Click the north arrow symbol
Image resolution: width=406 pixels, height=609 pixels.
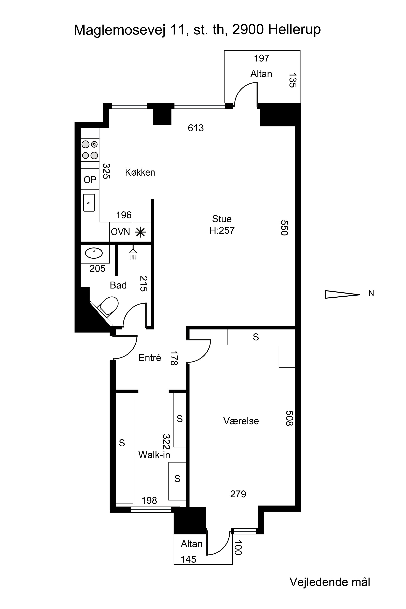(x=342, y=294)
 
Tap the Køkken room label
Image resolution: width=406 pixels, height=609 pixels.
(x=140, y=172)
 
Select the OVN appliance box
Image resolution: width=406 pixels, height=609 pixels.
(x=120, y=232)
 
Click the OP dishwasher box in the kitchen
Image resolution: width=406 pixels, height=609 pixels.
(x=90, y=179)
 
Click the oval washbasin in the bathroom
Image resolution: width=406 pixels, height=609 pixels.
(x=94, y=253)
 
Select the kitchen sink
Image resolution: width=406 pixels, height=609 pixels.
(x=89, y=203)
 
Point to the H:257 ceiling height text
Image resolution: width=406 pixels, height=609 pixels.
(x=222, y=230)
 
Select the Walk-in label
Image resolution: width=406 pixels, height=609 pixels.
(x=154, y=455)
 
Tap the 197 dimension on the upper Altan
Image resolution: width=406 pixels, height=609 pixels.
(x=261, y=58)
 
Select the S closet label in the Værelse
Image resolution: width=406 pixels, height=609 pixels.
(x=256, y=337)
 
